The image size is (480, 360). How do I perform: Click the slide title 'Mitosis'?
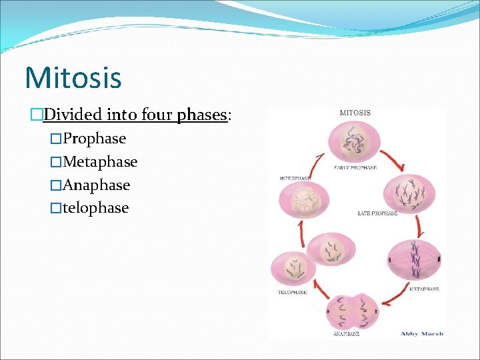click(73, 77)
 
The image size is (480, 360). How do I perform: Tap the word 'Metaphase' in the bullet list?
click(100, 162)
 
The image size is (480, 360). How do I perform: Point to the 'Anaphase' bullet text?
click(96, 185)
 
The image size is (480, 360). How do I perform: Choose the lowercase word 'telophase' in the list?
click(95, 208)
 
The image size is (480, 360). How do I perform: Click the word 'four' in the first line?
click(156, 115)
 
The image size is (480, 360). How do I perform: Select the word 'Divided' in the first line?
click(69, 115)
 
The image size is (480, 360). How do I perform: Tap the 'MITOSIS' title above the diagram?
click(355, 113)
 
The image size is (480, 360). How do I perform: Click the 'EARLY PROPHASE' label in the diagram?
click(355, 168)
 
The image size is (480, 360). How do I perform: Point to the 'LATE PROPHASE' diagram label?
click(377, 213)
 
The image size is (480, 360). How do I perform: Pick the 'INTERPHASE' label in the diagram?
click(295, 179)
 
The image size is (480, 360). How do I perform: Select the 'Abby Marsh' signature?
click(422, 334)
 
